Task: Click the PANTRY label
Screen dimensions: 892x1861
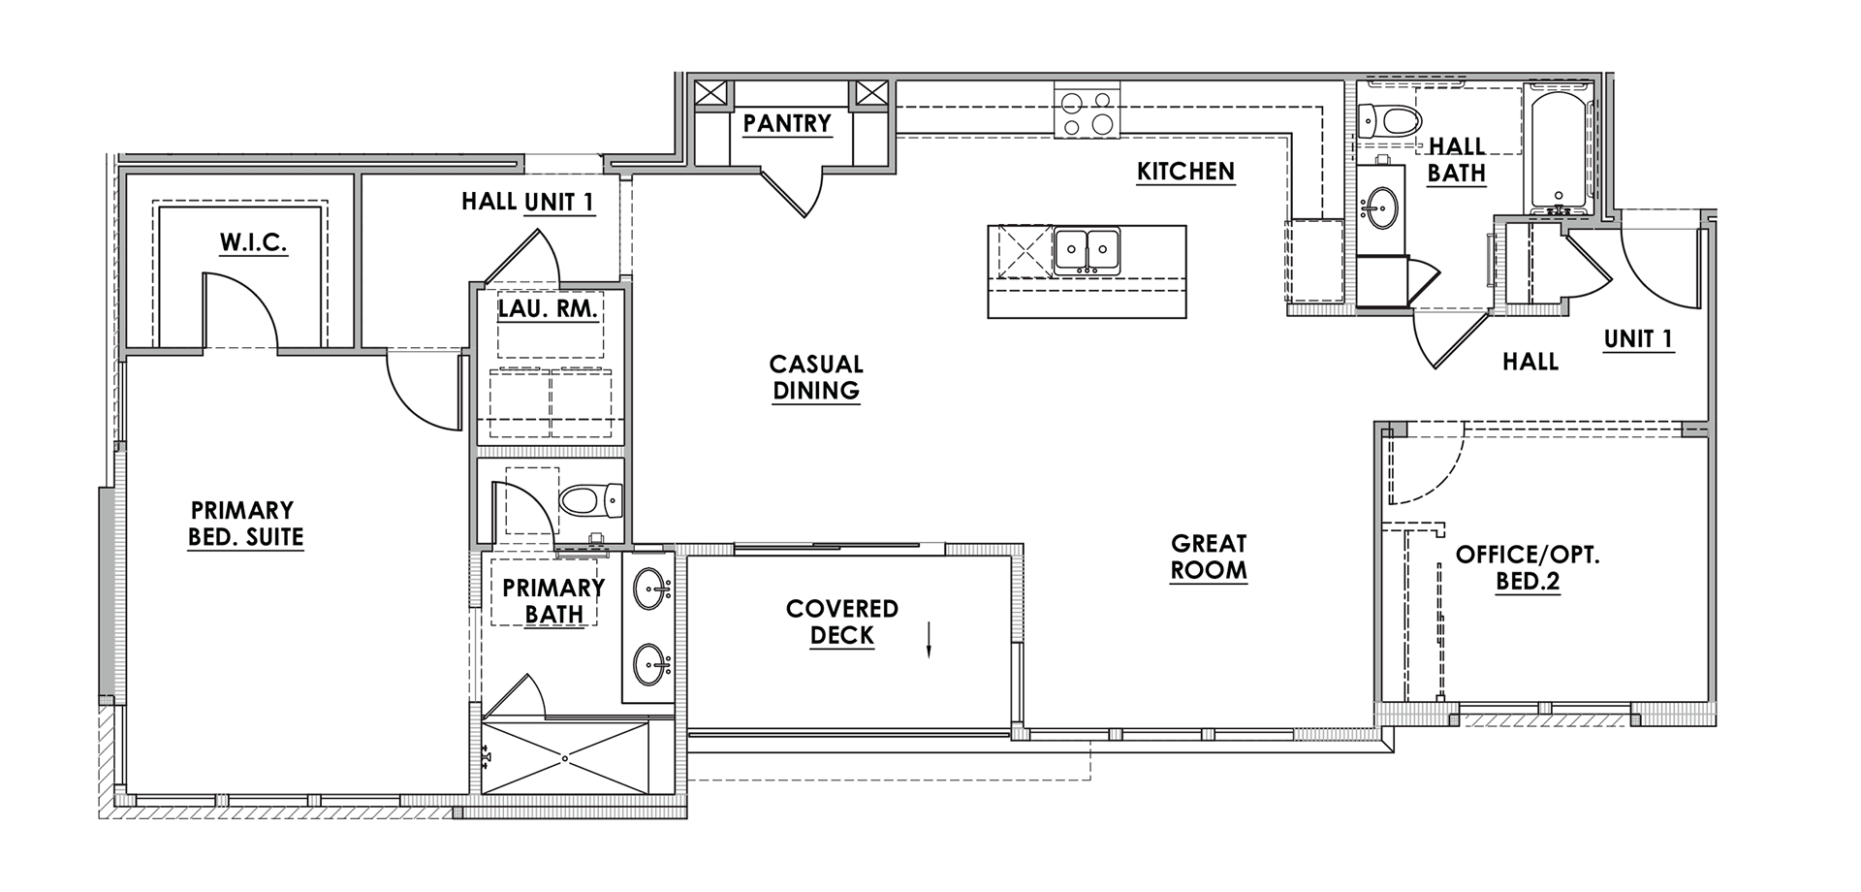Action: pyautogui.click(x=787, y=124)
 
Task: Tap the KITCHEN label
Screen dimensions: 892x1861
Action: pyautogui.click(x=1185, y=172)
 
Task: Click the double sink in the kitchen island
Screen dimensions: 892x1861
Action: pyautogui.click(x=1087, y=250)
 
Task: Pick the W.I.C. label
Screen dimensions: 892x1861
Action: pyautogui.click(x=253, y=242)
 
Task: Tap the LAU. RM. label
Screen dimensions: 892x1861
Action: pyautogui.click(x=548, y=309)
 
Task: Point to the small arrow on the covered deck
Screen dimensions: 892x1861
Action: pyautogui.click(x=929, y=641)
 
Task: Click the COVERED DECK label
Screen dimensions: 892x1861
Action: pyautogui.click(x=841, y=622)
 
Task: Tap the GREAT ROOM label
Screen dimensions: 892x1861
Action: pyautogui.click(x=1208, y=557)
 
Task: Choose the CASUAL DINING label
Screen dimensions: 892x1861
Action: pyautogui.click(x=816, y=377)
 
